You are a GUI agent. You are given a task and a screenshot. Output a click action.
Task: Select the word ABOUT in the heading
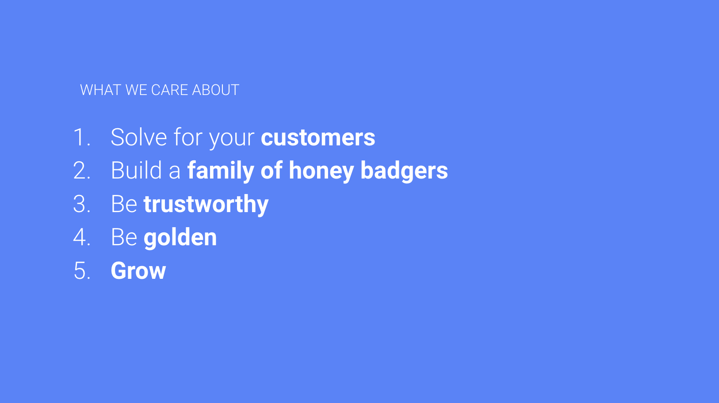pos(216,90)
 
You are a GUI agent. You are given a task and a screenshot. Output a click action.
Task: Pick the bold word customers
pos(318,138)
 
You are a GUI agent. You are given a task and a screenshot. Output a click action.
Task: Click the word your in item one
pos(232,140)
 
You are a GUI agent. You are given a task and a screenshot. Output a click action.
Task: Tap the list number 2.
pos(82,171)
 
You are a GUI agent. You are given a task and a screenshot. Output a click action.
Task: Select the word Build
pos(137,170)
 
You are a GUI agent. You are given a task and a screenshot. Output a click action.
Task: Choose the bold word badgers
pos(404,171)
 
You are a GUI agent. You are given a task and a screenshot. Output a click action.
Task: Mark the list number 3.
pos(82,204)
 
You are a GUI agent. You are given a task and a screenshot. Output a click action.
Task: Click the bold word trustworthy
pos(206,205)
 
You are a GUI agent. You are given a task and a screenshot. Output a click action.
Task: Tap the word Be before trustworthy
pos(124,204)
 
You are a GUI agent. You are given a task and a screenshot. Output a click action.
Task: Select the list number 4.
pos(82,237)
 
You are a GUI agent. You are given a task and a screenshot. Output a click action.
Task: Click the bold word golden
pos(180,238)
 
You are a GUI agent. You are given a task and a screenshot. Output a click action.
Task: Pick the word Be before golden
pos(124,237)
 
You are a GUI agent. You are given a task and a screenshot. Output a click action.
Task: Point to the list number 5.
pos(82,271)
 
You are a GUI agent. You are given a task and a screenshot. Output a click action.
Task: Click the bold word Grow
pos(138,271)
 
